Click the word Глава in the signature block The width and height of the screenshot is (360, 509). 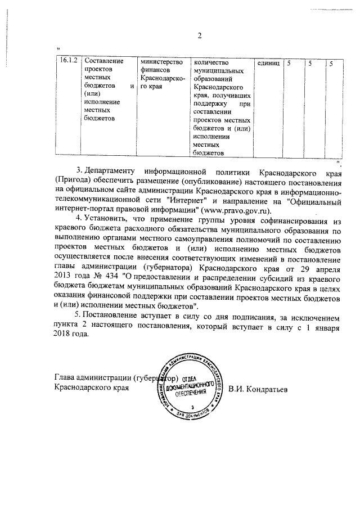pyautogui.click(x=65, y=377)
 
